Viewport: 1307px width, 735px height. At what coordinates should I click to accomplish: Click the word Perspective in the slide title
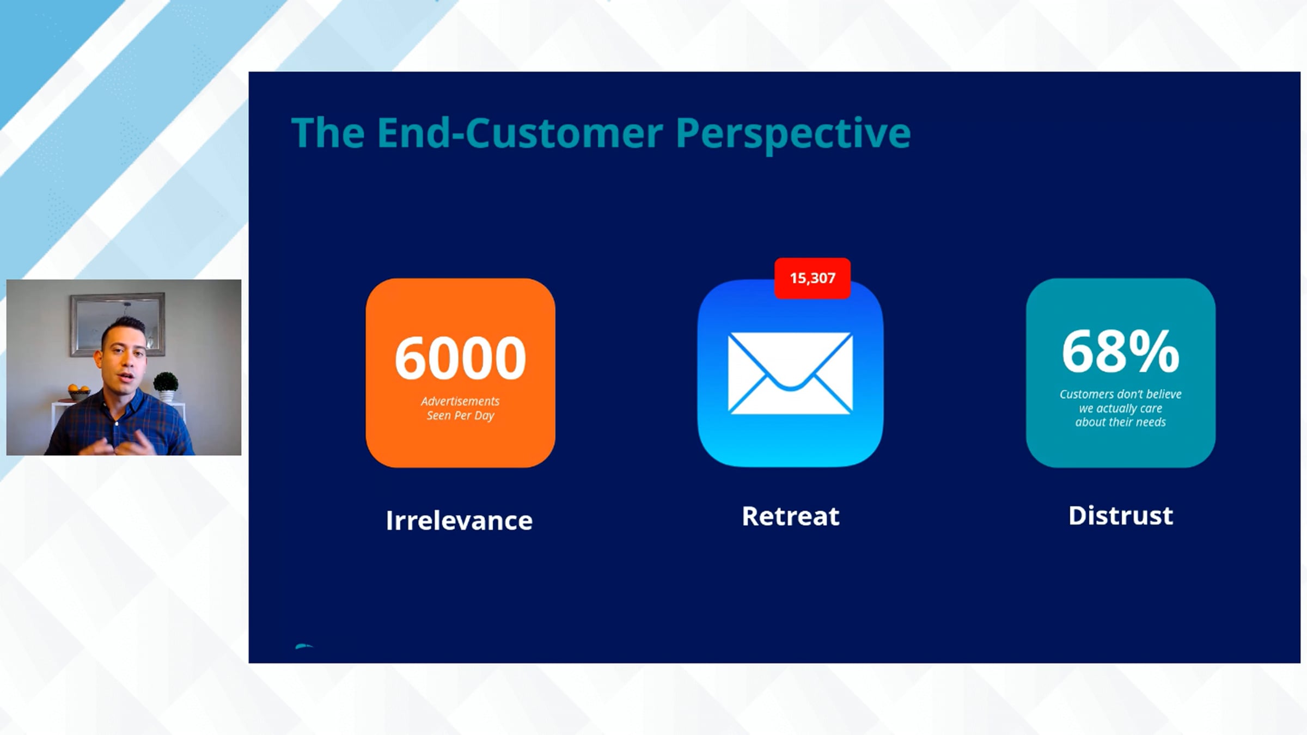pyautogui.click(x=793, y=134)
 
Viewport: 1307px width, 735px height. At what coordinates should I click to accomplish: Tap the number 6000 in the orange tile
pyautogui.click(x=460, y=358)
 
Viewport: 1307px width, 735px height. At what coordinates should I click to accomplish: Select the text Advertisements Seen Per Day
pyautogui.click(x=460, y=408)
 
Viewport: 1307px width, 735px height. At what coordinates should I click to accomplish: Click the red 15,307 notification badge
pyautogui.click(x=813, y=278)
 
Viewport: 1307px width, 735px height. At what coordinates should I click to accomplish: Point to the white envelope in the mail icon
pyautogui.click(x=790, y=373)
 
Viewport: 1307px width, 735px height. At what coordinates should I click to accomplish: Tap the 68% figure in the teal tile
pyautogui.click(x=1121, y=352)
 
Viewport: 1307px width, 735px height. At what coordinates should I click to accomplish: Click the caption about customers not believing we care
pyautogui.click(x=1121, y=408)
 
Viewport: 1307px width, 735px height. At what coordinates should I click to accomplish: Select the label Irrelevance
pyautogui.click(x=459, y=520)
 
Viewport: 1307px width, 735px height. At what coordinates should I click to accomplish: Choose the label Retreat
pyautogui.click(x=791, y=516)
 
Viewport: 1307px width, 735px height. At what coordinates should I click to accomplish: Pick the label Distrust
pyautogui.click(x=1121, y=516)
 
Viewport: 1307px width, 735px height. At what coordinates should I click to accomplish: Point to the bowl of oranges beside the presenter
pyautogui.click(x=79, y=392)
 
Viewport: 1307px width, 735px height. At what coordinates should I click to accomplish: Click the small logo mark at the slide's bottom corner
pyautogui.click(x=304, y=646)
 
